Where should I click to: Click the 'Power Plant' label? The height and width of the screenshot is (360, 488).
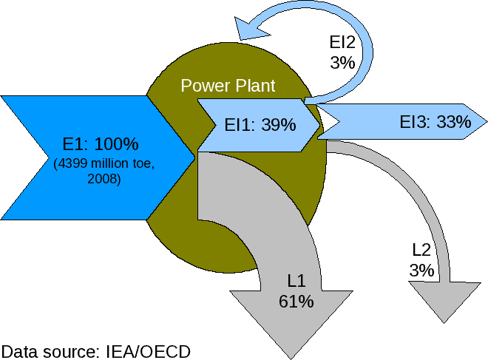coord(228,86)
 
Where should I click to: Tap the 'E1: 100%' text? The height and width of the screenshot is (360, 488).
coord(101,143)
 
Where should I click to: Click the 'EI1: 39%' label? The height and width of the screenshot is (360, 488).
coord(260,124)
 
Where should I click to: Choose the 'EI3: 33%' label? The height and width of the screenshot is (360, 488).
coord(436,122)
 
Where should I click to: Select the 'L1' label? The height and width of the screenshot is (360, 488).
coord(296,282)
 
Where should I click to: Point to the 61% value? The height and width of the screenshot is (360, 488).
coord(296,301)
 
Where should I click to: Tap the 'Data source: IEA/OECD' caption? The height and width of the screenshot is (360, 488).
coord(96,350)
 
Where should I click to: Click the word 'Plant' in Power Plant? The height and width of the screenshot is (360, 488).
coord(254,86)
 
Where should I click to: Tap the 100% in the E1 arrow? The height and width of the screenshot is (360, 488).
coord(118,143)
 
